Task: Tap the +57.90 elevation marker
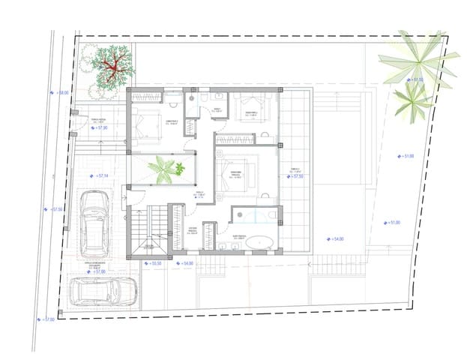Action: click(100, 128)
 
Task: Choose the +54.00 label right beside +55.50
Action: click(184, 264)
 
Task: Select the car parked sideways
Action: click(103, 292)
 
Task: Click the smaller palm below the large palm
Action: click(412, 101)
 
